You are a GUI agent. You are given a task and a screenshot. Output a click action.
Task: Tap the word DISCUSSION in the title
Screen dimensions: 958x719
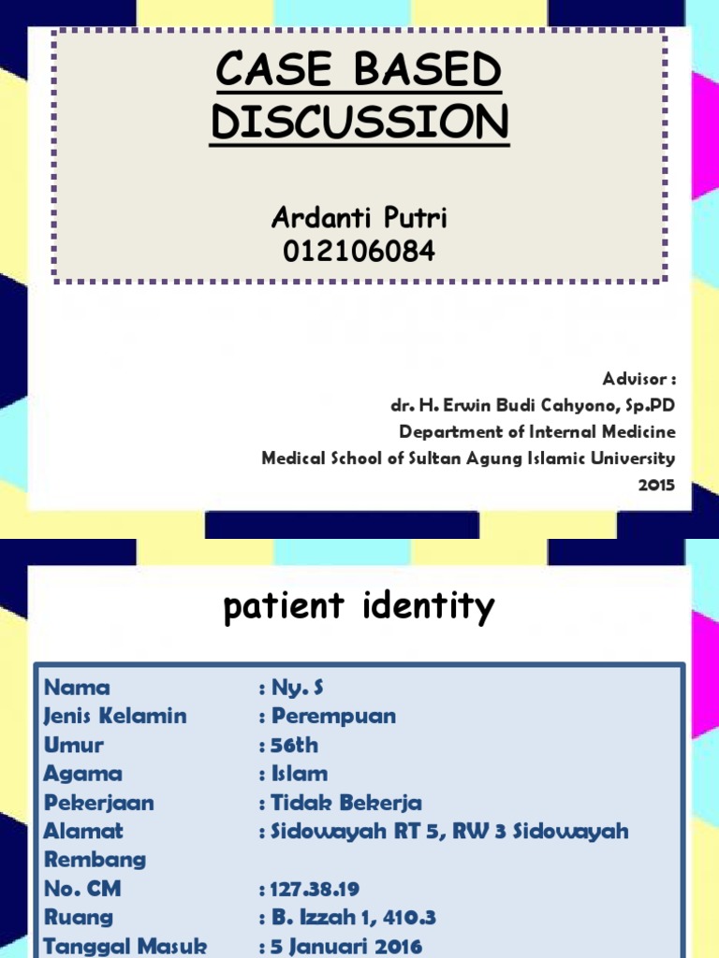[x=360, y=123]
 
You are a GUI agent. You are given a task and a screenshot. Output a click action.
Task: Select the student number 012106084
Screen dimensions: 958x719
[x=359, y=251]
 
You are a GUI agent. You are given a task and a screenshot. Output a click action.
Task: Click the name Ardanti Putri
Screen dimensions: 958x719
[x=359, y=218]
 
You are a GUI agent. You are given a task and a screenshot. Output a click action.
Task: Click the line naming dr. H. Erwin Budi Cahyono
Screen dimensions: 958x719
[x=532, y=406]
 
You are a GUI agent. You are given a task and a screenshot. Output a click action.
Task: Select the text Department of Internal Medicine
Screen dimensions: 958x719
[x=536, y=432]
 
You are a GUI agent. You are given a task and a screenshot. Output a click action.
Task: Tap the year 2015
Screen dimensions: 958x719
[x=655, y=485]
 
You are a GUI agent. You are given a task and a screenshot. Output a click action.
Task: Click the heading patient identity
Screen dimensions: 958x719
[x=359, y=609]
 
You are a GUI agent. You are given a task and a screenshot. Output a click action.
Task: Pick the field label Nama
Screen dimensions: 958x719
[x=77, y=688]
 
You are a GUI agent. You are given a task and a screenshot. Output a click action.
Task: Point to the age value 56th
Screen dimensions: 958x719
[x=294, y=746]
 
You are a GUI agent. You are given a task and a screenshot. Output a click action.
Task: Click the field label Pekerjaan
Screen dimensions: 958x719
[x=98, y=803]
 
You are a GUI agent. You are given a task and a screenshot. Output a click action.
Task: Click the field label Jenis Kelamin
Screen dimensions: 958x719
[x=115, y=717]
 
